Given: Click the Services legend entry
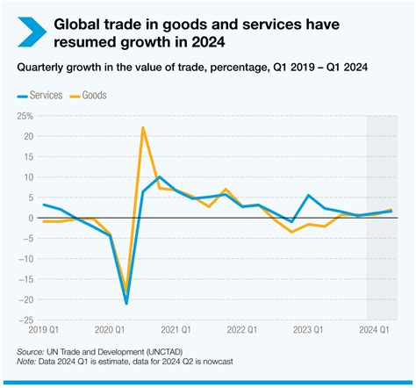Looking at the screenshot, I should [44, 95].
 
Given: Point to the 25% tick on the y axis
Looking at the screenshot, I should [24, 116].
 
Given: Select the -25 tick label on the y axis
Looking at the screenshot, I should [24, 320].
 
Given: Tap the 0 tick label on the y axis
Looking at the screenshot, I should [29, 218].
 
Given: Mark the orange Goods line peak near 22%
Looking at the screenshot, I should [142, 128].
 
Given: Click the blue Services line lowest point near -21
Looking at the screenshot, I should [126, 303].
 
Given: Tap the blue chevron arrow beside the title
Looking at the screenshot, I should [29, 31].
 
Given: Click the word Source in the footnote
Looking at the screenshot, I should [32, 350].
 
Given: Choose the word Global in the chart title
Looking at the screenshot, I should [80, 23].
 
